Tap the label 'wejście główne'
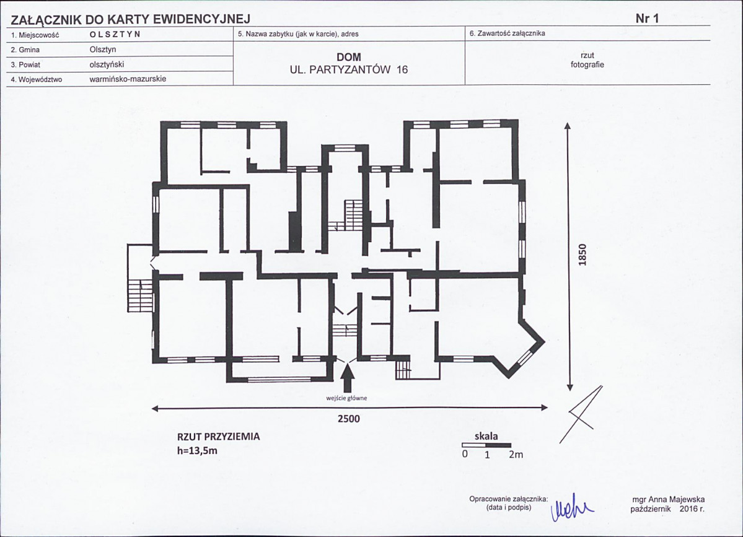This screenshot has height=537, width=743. (x=346, y=398)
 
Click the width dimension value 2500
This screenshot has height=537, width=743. (x=349, y=419)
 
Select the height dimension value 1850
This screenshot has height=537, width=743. (x=583, y=255)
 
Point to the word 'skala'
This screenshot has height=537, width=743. (x=486, y=436)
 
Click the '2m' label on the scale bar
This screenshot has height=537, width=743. (x=516, y=455)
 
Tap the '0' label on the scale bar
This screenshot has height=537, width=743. (x=465, y=453)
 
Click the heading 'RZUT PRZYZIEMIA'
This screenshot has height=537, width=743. (x=219, y=437)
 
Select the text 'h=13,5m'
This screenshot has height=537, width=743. (x=197, y=451)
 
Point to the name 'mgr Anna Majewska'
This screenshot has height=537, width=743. (x=668, y=499)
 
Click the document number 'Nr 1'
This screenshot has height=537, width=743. (x=647, y=19)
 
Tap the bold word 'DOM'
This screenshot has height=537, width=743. (x=349, y=58)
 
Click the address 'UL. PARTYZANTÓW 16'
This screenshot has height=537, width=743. (x=349, y=69)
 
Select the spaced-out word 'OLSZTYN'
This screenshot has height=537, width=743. (x=115, y=35)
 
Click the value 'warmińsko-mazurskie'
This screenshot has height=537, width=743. (x=128, y=79)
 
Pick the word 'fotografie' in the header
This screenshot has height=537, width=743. (x=587, y=65)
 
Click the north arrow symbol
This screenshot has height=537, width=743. (x=581, y=414)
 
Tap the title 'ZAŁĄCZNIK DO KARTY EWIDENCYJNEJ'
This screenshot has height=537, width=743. (x=130, y=19)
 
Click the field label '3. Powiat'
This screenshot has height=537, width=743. (x=25, y=65)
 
